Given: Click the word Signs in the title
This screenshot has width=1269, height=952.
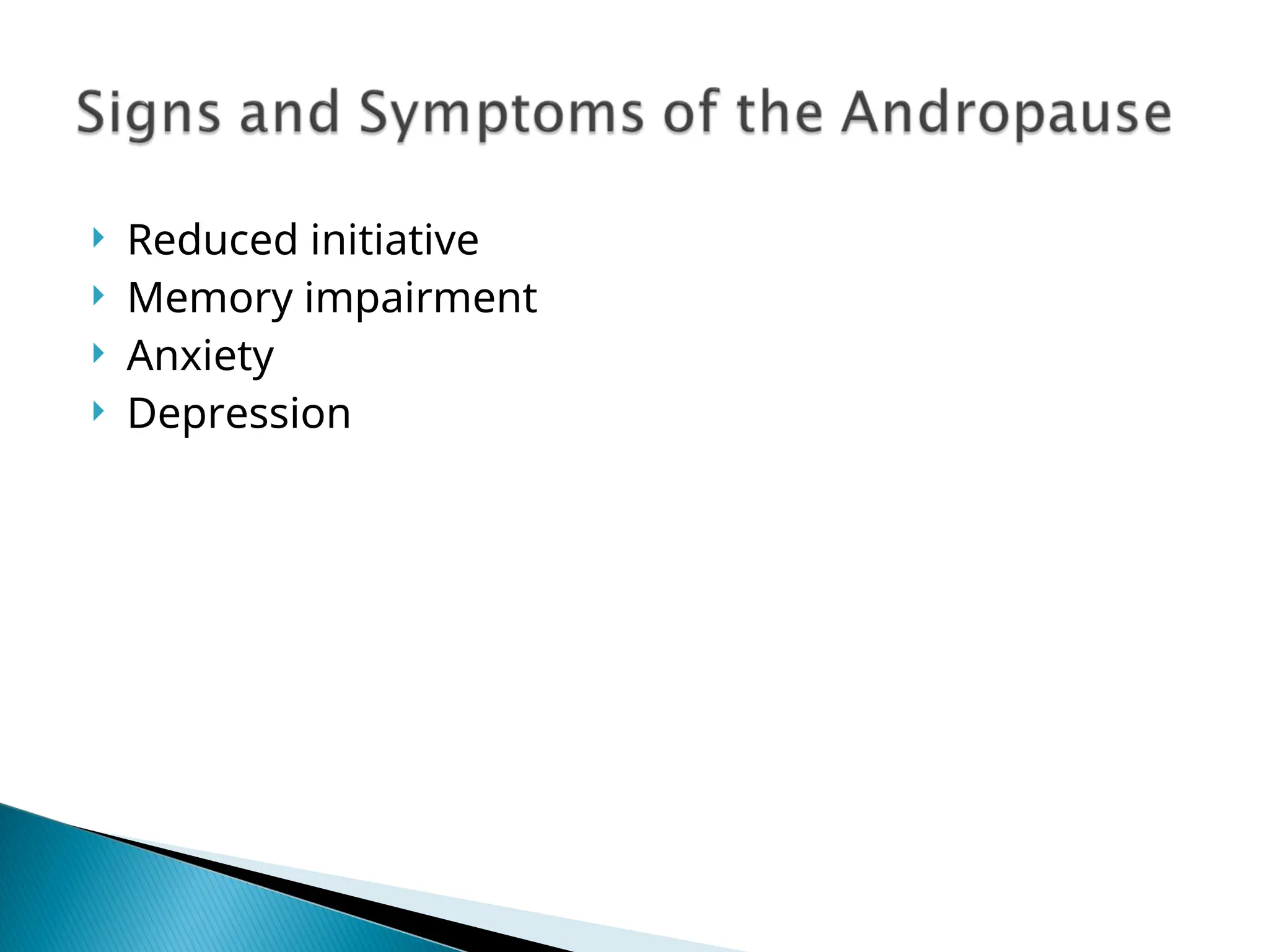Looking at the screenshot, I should pyautogui.click(x=148, y=113).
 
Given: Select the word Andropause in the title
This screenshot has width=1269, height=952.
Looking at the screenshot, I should pyautogui.click(x=1006, y=114).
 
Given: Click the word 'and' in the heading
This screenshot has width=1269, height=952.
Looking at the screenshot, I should pyautogui.click(x=289, y=113).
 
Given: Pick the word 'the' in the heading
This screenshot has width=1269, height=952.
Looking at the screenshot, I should pyautogui.click(x=780, y=113).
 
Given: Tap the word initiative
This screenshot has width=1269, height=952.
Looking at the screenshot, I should pyautogui.click(x=395, y=240).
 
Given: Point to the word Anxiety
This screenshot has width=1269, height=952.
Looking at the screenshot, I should pyautogui.click(x=200, y=356).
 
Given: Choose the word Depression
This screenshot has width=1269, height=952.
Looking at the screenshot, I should pyautogui.click(x=239, y=414).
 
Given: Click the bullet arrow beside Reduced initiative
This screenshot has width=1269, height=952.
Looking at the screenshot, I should pyautogui.click(x=98, y=237).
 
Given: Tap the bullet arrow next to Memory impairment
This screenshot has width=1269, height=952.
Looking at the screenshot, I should pyautogui.click(x=98, y=296).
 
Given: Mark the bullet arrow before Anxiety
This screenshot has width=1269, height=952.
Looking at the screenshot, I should pyautogui.click(x=98, y=353).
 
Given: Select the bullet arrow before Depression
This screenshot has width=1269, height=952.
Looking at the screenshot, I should pyautogui.click(x=98, y=411).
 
